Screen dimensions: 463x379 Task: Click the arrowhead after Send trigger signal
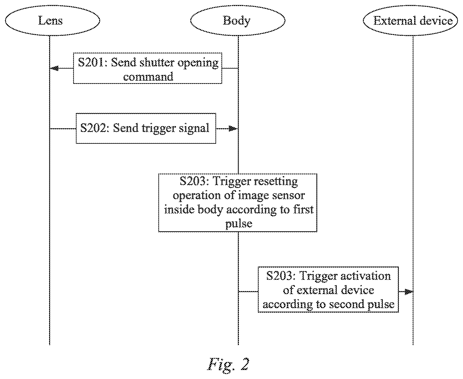click(233, 129)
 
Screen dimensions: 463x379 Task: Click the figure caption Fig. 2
click(228, 364)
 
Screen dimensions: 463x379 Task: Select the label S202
click(93, 128)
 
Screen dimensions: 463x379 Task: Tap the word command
click(148, 76)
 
